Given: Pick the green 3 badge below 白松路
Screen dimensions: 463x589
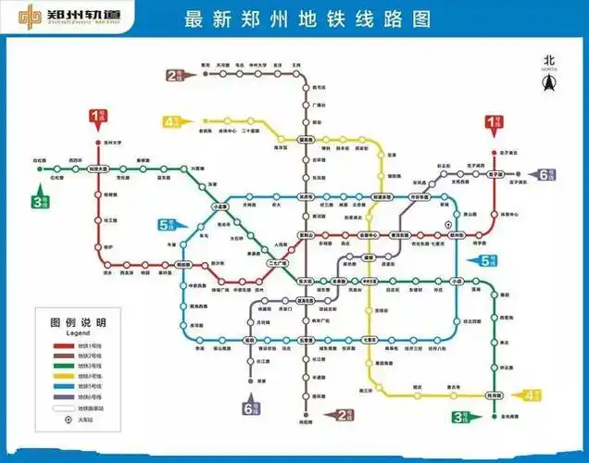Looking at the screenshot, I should coord(39,200).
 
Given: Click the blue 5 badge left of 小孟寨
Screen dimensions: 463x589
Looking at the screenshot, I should coord(168,223).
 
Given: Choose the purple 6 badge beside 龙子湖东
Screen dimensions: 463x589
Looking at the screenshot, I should coord(545,174).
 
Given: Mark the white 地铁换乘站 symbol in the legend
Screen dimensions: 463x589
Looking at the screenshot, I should coord(62,408).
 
